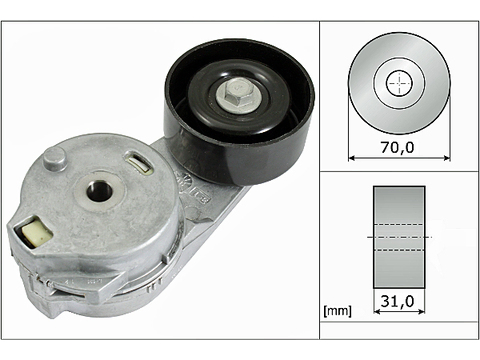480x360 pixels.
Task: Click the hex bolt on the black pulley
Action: point(238,94)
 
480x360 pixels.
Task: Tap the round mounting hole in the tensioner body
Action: point(100,191)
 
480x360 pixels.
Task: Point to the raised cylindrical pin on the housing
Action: point(55,159)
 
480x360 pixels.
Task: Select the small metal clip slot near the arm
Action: point(139,162)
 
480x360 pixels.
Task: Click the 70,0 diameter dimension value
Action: point(397,147)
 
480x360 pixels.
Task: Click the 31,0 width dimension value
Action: point(397,301)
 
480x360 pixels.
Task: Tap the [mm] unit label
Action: point(337,311)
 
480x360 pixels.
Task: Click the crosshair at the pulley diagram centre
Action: point(399,83)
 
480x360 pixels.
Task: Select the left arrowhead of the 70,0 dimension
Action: point(352,158)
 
